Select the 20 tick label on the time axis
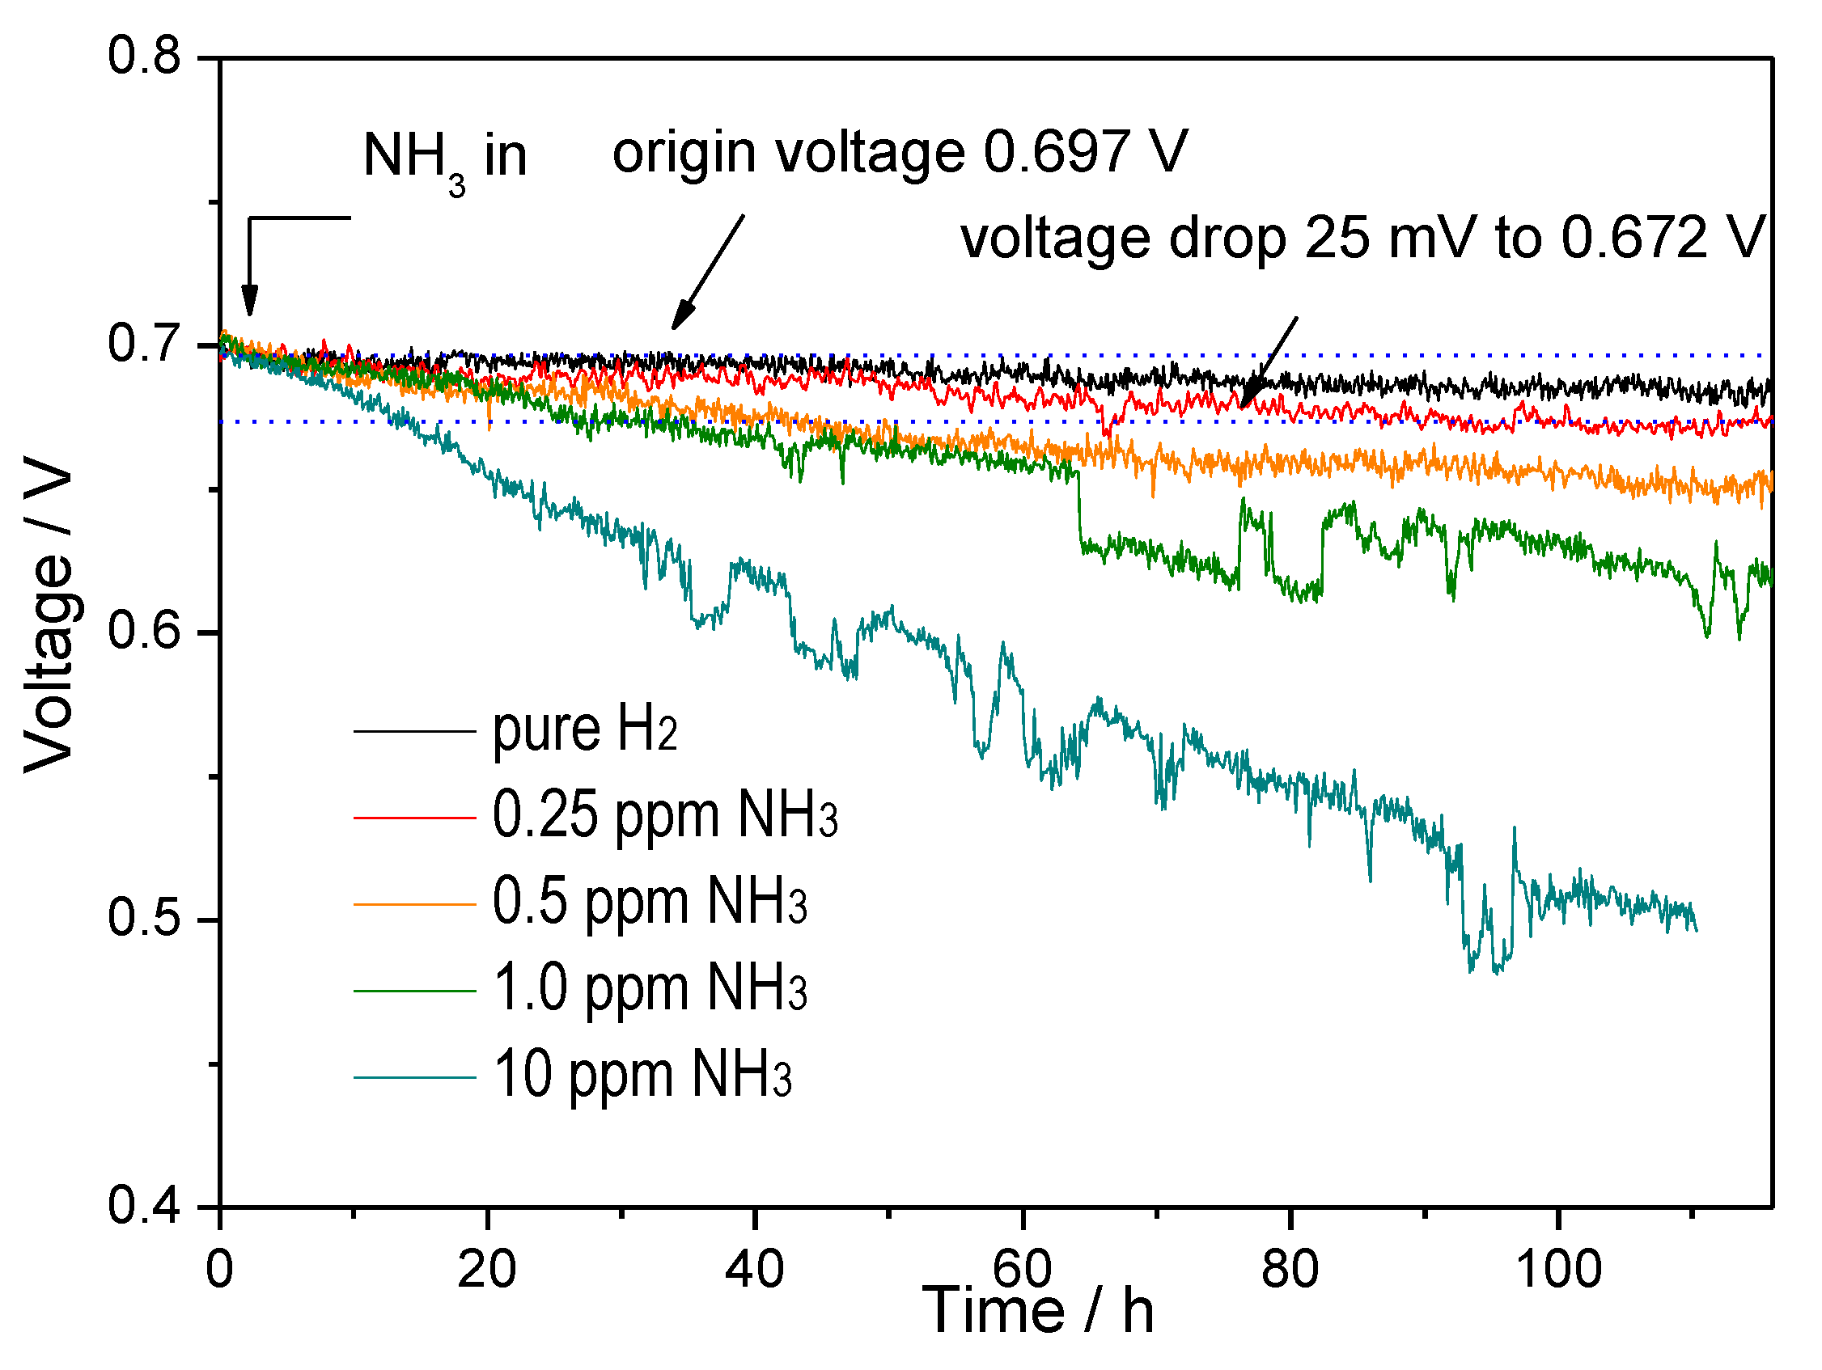click(487, 1269)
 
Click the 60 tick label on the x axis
click(1022, 1269)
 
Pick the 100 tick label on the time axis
click(1558, 1269)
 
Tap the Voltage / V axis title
click(48, 613)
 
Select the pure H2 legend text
click(584, 729)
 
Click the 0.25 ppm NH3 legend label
click(664, 815)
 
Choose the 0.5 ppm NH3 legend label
click(649, 902)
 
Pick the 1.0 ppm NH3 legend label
click(649, 988)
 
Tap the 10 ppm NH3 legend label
click(642, 1075)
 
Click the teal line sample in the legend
click(414, 1078)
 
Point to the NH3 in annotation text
click(444, 156)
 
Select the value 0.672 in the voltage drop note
click(1634, 238)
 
